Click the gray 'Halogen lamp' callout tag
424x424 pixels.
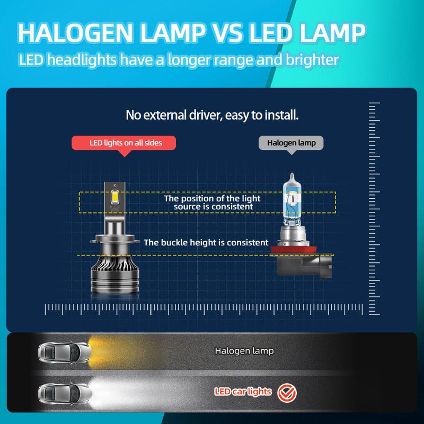pyautogui.click(x=290, y=143)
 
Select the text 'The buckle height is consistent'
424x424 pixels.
pyautogui.click(x=206, y=242)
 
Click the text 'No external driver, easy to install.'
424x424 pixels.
pyautogui.click(x=212, y=114)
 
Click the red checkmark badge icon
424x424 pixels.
pyautogui.click(x=287, y=393)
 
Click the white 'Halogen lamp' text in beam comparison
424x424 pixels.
pyautogui.click(x=244, y=351)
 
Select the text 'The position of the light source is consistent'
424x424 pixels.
pyautogui.click(x=212, y=202)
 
